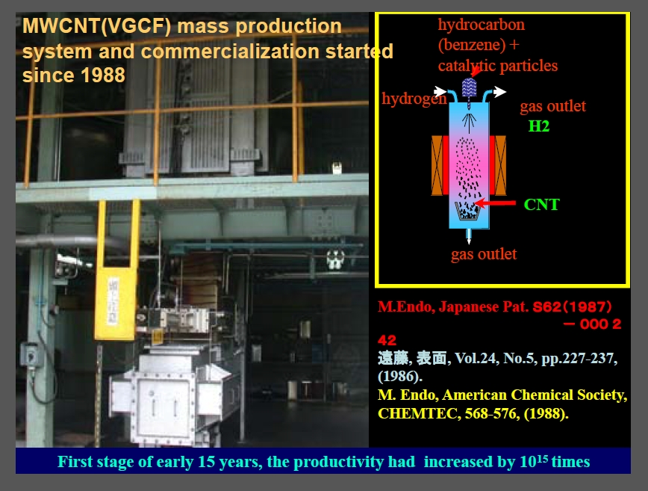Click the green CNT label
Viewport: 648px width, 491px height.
(x=541, y=204)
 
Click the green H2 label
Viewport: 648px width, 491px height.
(x=539, y=126)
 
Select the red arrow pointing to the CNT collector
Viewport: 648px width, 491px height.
(x=495, y=203)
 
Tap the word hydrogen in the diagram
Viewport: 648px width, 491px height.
(x=414, y=99)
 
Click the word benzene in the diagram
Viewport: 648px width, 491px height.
(x=472, y=45)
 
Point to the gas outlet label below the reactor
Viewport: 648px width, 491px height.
(x=484, y=254)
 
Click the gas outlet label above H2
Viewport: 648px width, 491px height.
(x=552, y=106)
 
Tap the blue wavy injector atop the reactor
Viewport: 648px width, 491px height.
(x=469, y=87)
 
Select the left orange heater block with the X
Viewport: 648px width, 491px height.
(x=437, y=165)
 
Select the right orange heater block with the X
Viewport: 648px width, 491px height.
(x=500, y=165)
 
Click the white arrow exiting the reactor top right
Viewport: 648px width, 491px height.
(x=499, y=91)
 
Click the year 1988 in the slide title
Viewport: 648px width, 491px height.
(x=103, y=75)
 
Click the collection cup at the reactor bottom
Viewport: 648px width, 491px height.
(x=468, y=211)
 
